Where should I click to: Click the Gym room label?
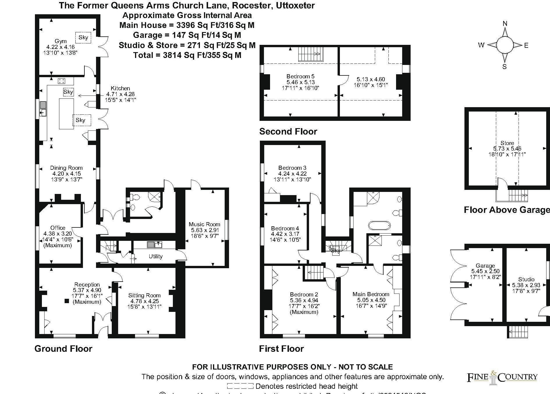click(x=61, y=41)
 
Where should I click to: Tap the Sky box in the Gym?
click(x=83, y=37)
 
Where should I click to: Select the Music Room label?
click(x=204, y=224)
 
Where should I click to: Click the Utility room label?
click(x=155, y=256)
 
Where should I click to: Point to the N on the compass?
click(x=505, y=24)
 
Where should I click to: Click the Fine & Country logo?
click(x=502, y=377)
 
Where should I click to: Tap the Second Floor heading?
click(x=288, y=131)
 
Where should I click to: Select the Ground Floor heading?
click(x=63, y=349)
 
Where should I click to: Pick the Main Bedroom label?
click(x=371, y=294)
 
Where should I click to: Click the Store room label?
click(x=507, y=143)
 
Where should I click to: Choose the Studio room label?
click(x=526, y=279)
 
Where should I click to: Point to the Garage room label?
click(x=485, y=266)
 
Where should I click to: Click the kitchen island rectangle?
click(x=66, y=114)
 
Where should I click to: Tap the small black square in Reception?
click(x=67, y=301)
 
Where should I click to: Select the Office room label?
click(x=58, y=228)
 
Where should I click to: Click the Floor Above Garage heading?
click(x=507, y=210)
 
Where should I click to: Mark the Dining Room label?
click(x=66, y=168)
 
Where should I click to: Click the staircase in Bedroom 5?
click(x=311, y=54)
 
